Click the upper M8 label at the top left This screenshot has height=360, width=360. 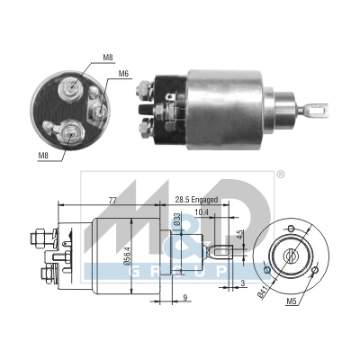point(108,58)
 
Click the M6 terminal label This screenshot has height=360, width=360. point(124,73)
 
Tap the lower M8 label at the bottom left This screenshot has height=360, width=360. point(44,156)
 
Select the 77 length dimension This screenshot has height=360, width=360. point(112,201)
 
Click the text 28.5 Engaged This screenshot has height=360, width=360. point(196,200)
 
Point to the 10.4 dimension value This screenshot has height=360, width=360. point(202,212)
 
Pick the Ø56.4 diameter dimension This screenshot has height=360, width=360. point(128,256)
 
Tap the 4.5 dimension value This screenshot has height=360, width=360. point(239,234)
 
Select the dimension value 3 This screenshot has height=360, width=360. point(243,283)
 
